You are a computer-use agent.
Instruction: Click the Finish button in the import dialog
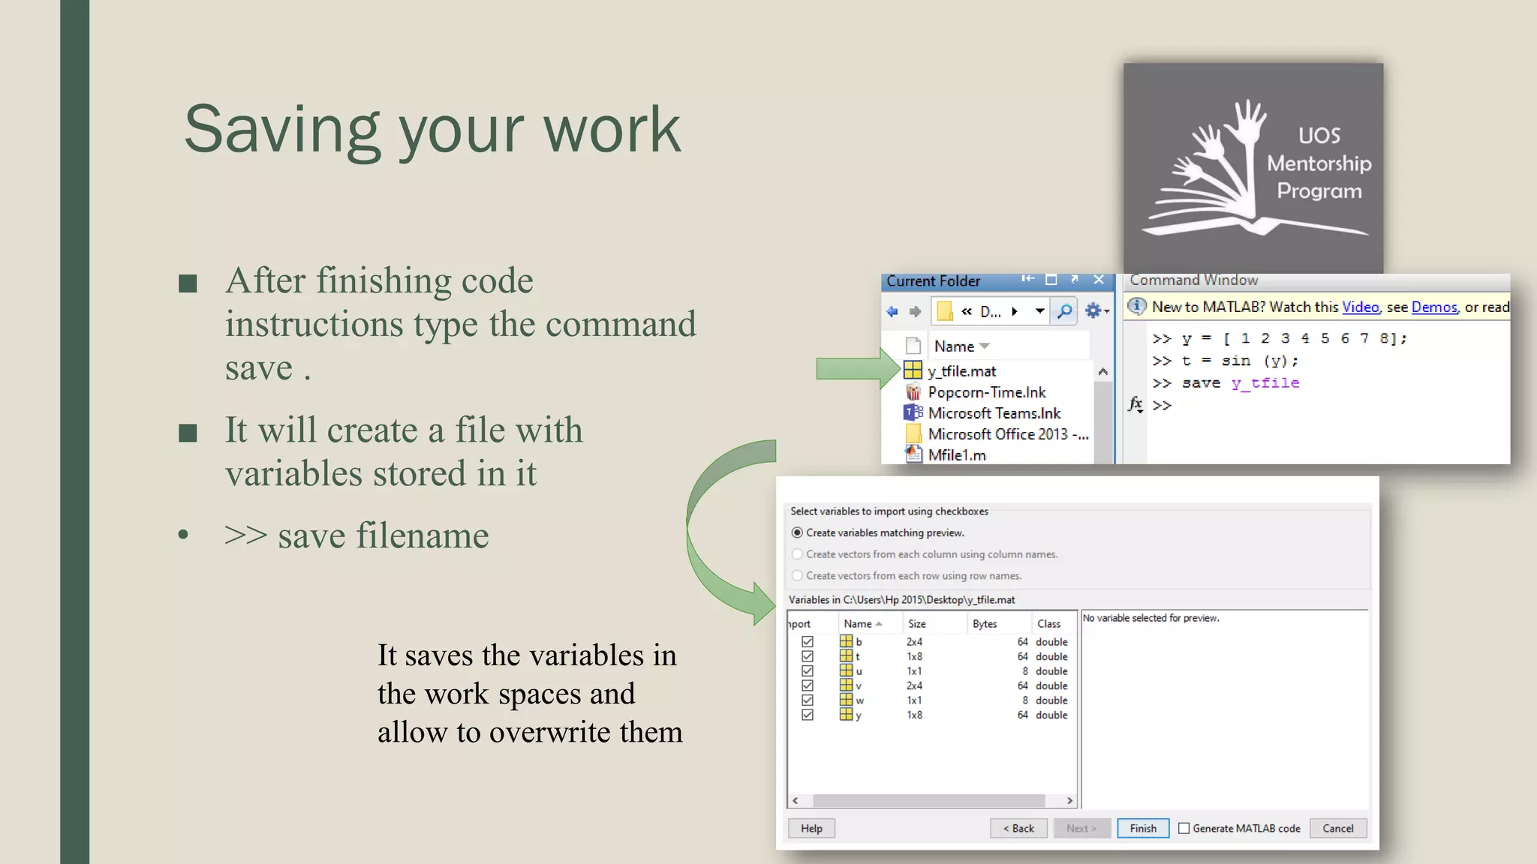pos(1142,828)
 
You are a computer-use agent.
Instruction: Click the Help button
pos(811,828)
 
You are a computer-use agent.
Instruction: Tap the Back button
pos(1018,828)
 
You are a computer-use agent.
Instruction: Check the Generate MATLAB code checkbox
pos(1184,828)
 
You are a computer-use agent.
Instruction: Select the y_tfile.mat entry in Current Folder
pos(961,371)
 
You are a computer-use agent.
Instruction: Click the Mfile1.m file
pos(956,455)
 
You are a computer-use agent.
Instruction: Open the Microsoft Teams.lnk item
pos(994,413)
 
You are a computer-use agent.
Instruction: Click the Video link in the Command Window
pos(1360,307)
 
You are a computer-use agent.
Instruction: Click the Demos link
pos(1433,307)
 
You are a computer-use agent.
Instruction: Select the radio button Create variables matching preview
pos(797,532)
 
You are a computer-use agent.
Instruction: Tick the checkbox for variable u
pos(808,671)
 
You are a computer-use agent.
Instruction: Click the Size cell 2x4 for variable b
pos(914,642)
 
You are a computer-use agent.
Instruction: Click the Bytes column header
pos(985,624)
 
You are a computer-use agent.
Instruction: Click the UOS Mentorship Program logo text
pos(1319,163)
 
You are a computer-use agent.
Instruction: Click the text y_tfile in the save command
pos(1265,383)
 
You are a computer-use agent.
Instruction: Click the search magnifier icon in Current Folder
pos(1064,311)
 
